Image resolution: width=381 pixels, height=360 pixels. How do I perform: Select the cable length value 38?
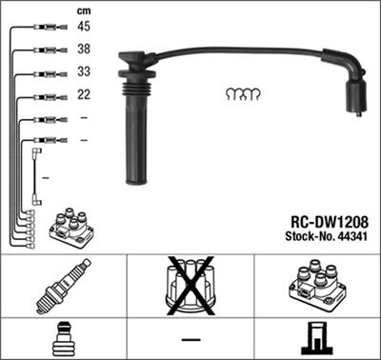coord(85,49)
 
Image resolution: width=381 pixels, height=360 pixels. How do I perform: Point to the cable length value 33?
coord(85,72)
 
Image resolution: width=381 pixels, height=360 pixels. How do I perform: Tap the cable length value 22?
coord(85,95)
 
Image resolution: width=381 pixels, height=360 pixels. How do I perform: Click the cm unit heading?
coord(83,10)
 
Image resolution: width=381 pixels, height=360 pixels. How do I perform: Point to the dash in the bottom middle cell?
coord(190,340)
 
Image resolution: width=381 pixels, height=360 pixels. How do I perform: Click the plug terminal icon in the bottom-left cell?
coord(64,340)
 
